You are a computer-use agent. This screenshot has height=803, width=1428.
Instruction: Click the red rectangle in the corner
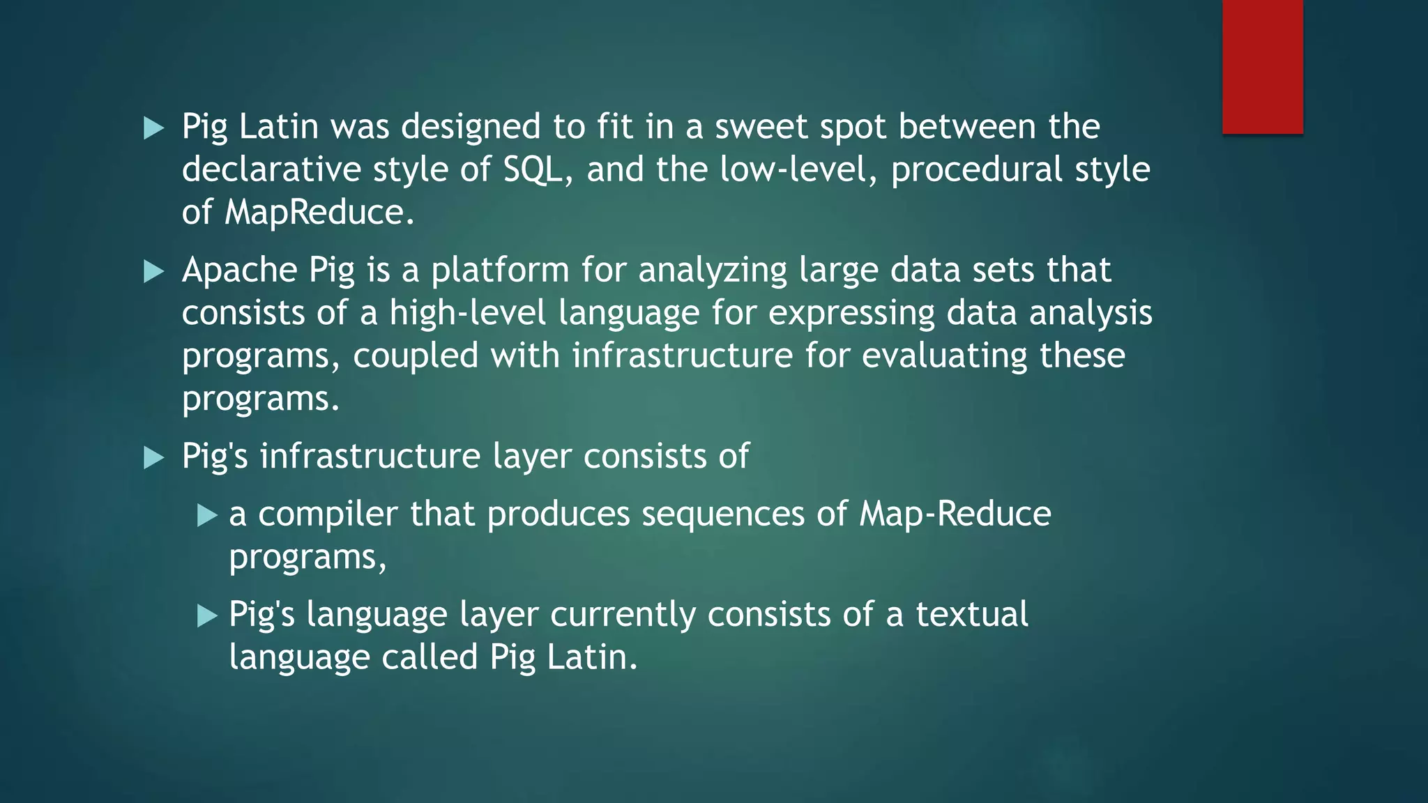1262,67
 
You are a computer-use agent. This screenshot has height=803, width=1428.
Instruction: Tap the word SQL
533,169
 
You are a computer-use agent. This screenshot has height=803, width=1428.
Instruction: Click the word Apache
239,270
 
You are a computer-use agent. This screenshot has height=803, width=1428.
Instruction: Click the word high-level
467,313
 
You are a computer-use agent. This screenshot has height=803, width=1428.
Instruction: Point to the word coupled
416,356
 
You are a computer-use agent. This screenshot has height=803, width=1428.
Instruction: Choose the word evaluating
944,356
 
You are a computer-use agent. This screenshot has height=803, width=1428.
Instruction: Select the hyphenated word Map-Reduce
955,514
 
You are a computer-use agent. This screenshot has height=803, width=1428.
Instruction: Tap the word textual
971,614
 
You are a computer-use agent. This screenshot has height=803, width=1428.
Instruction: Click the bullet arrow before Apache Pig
153,272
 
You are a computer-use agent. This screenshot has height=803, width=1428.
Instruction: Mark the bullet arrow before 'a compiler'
207,516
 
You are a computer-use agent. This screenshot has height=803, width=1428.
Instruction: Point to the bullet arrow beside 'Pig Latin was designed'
153,128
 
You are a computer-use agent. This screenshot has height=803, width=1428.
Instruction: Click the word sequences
723,515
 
